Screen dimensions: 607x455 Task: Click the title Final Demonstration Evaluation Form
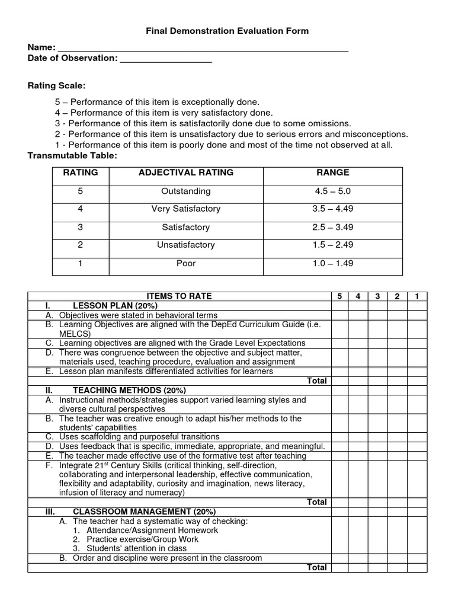point(227,31)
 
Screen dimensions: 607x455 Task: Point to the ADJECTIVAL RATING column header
point(186,172)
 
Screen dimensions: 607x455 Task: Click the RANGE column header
point(333,172)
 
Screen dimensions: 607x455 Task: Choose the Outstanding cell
point(186,191)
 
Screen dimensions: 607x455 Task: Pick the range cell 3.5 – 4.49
point(333,209)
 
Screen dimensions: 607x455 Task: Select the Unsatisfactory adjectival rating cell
point(186,245)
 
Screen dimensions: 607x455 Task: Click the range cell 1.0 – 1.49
point(333,263)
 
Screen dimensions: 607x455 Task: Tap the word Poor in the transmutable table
point(186,263)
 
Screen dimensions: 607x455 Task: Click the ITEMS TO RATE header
point(179,296)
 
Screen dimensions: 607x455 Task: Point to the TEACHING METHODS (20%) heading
point(129,390)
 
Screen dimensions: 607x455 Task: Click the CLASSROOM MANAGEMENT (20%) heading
point(144,511)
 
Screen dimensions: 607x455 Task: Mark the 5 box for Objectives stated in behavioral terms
point(339,315)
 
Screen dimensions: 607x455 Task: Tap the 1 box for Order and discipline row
point(417,558)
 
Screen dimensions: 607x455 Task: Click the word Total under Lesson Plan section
point(317,381)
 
